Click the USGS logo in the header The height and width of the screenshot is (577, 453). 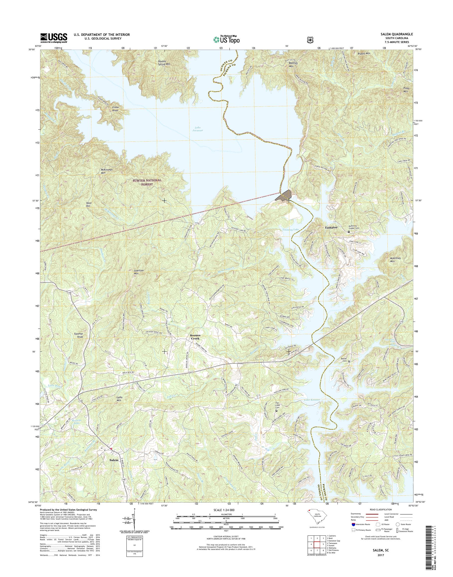54,38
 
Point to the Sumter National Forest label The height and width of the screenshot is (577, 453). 147,182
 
